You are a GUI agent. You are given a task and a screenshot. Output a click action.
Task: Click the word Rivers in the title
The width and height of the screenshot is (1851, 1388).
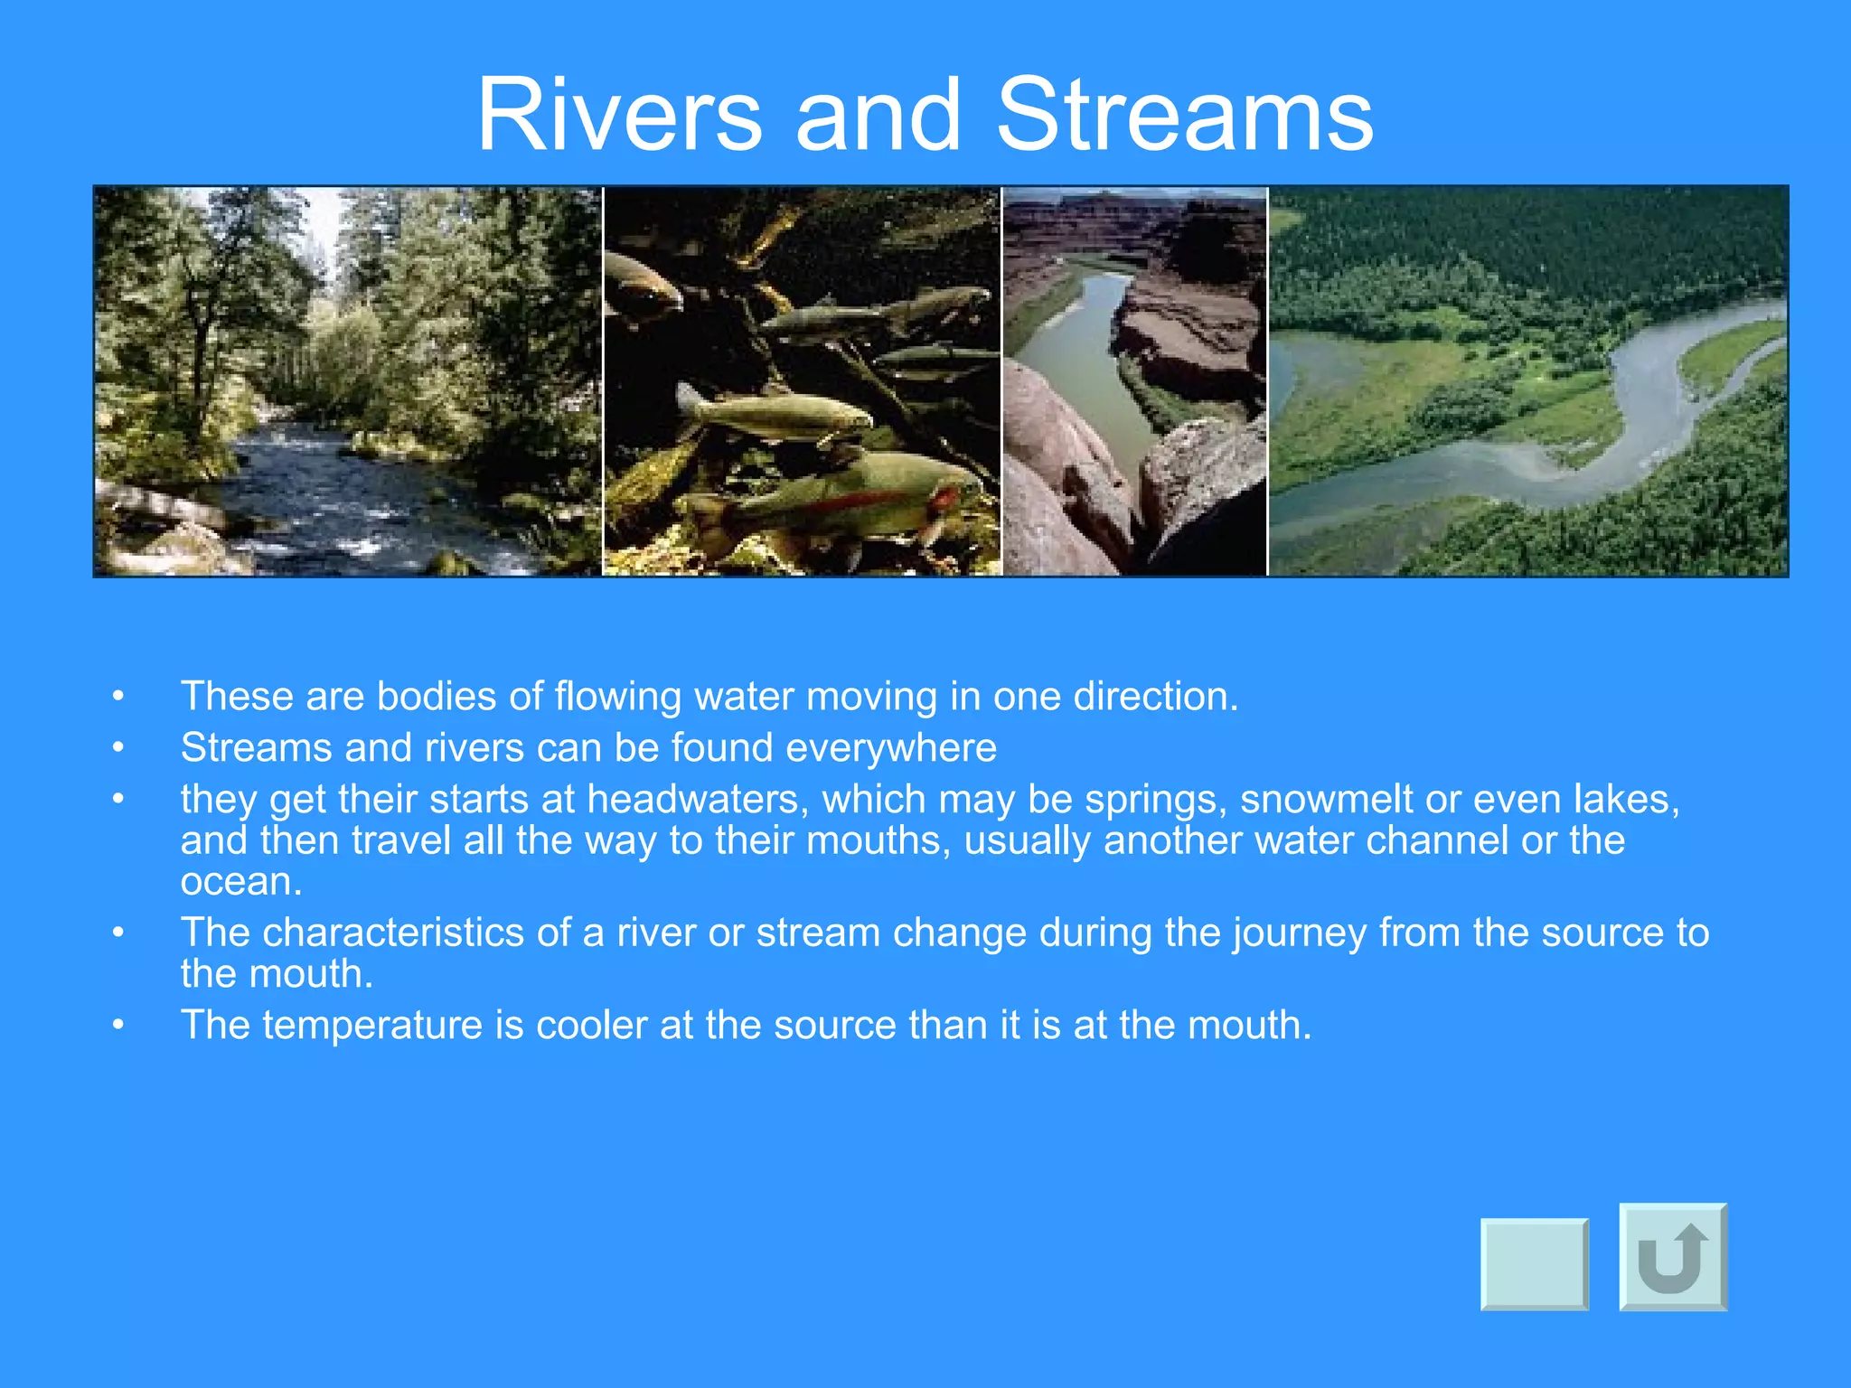pos(620,116)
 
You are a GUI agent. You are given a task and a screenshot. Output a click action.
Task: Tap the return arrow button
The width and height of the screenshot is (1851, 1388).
pos(1673,1256)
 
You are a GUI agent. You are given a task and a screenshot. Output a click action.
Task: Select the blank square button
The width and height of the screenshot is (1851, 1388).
pos(1534,1263)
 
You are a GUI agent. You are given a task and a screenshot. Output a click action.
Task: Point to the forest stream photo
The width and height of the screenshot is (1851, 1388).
pos(348,381)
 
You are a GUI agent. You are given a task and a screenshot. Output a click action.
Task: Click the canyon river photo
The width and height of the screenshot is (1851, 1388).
pos(1135,381)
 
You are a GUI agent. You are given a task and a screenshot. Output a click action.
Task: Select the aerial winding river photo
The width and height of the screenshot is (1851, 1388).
pos(1527,381)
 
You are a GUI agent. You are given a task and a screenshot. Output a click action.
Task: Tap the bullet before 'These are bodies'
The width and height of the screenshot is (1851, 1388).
pos(117,698)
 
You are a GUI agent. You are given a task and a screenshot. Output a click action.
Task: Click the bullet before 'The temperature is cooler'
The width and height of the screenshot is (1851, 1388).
pos(117,1026)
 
